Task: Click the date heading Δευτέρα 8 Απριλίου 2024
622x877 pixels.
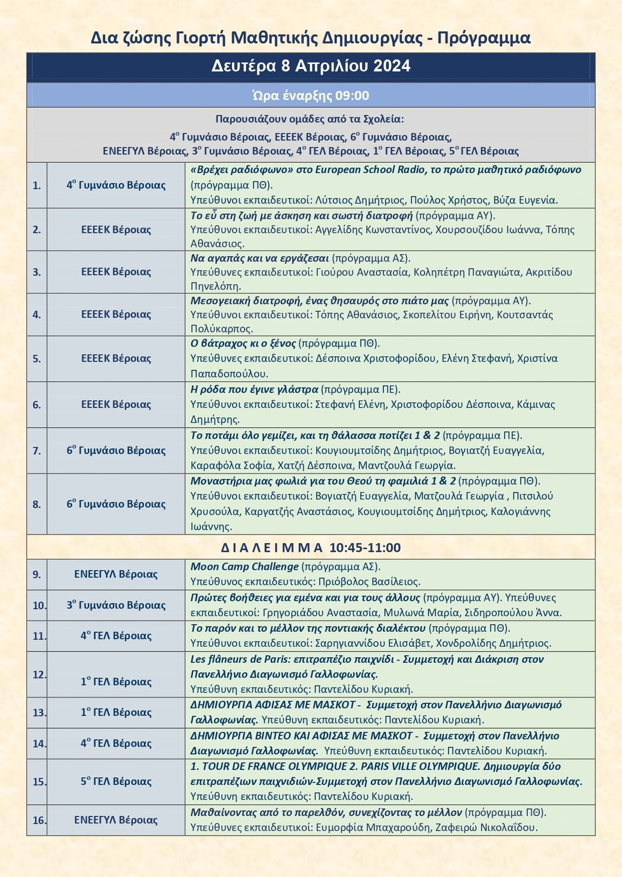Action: (x=310, y=66)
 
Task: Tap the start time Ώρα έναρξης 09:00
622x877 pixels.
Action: (x=310, y=96)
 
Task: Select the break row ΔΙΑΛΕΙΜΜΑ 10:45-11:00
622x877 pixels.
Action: (x=310, y=547)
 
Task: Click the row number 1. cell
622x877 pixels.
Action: (x=37, y=185)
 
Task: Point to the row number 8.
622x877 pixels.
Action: (x=37, y=504)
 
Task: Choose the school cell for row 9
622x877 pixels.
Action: (x=116, y=574)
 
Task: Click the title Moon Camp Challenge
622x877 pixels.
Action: (x=244, y=567)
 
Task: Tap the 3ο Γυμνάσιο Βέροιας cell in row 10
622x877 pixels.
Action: (x=116, y=605)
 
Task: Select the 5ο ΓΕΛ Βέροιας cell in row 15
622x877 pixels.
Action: (x=116, y=781)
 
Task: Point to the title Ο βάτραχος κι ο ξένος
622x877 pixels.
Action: (x=243, y=344)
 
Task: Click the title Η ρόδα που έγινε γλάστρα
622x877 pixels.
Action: (x=254, y=390)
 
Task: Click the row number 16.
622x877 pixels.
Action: (x=39, y=820)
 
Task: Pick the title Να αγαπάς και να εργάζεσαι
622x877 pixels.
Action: (x=259, y=258)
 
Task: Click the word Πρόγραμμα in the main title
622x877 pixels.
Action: (x=484, y=38)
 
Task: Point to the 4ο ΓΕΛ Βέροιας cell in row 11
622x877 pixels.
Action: (x=116, y=636)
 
